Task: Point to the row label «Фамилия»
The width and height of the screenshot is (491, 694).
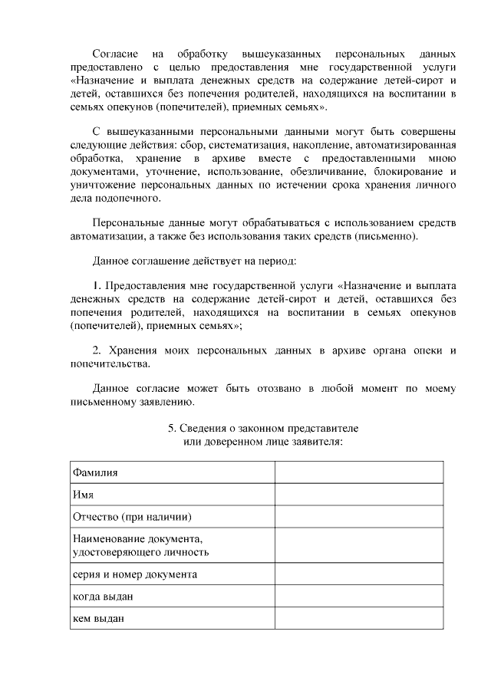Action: point(94,472)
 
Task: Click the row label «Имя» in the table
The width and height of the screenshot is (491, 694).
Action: point(82,495)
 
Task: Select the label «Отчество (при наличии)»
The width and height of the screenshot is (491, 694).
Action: point(131,516)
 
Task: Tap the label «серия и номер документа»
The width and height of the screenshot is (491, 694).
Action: point(134,574)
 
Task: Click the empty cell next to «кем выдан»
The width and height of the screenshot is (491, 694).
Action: point(359,617)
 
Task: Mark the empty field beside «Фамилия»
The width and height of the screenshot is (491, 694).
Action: point(359,472)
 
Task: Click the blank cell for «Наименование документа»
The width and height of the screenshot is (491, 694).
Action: point(359,544)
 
